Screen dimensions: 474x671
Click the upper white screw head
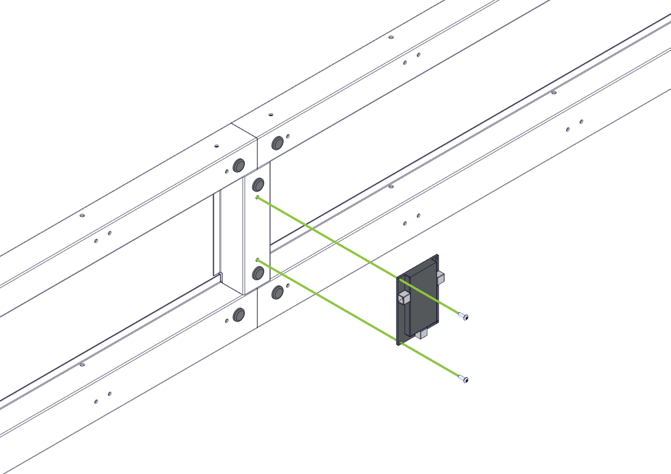463,316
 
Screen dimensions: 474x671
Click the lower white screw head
463,379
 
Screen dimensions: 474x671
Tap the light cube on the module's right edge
440,278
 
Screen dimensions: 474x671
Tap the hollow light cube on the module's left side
404,298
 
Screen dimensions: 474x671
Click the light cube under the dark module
421,333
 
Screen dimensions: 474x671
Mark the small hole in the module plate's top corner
436,258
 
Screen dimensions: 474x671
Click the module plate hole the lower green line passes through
401,343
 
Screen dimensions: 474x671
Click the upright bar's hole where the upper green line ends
257,197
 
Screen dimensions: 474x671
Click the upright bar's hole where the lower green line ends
257,260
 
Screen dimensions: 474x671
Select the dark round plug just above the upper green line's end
258,184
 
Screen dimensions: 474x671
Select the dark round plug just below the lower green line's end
258,273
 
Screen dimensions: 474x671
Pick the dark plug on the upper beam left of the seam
239,166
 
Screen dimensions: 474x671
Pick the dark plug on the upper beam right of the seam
277,143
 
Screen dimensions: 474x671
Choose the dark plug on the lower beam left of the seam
239,315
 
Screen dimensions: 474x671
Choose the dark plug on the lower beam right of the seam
277,292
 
